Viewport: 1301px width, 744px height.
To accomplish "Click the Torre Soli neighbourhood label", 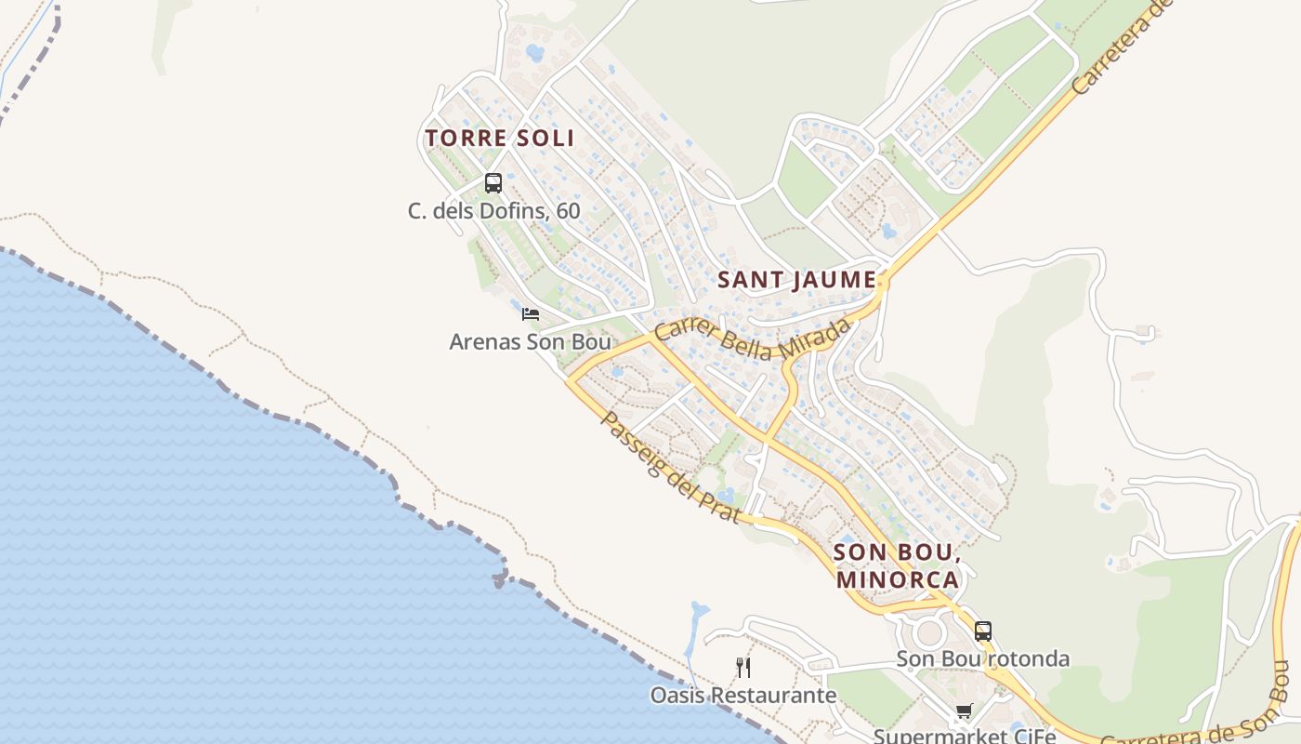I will click(500, 139).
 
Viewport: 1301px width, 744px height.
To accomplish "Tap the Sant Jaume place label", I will click(797, 279).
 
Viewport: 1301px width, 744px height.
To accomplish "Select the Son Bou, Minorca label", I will click(896, 565).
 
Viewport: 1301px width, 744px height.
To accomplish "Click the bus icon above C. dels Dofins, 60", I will click(493, 183).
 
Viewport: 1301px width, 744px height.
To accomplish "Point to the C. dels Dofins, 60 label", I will click(493, 211).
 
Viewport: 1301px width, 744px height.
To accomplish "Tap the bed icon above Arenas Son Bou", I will click(531, 314).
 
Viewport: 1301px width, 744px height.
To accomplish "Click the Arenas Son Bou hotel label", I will click(530, 342).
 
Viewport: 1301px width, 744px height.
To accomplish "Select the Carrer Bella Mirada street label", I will click(753, 340).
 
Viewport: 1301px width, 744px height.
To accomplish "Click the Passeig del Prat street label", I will click(670, 468).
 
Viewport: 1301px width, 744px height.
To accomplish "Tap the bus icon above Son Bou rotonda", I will click(983, 631).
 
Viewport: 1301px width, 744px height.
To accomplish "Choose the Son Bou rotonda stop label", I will click(982, 659).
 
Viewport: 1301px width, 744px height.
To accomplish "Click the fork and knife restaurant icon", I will click(742, 667).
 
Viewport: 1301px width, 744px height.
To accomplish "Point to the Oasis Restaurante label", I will click(742, 696).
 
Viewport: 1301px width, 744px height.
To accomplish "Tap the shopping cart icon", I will click(964, 711).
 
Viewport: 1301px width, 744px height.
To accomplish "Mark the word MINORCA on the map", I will click(897, 579).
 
